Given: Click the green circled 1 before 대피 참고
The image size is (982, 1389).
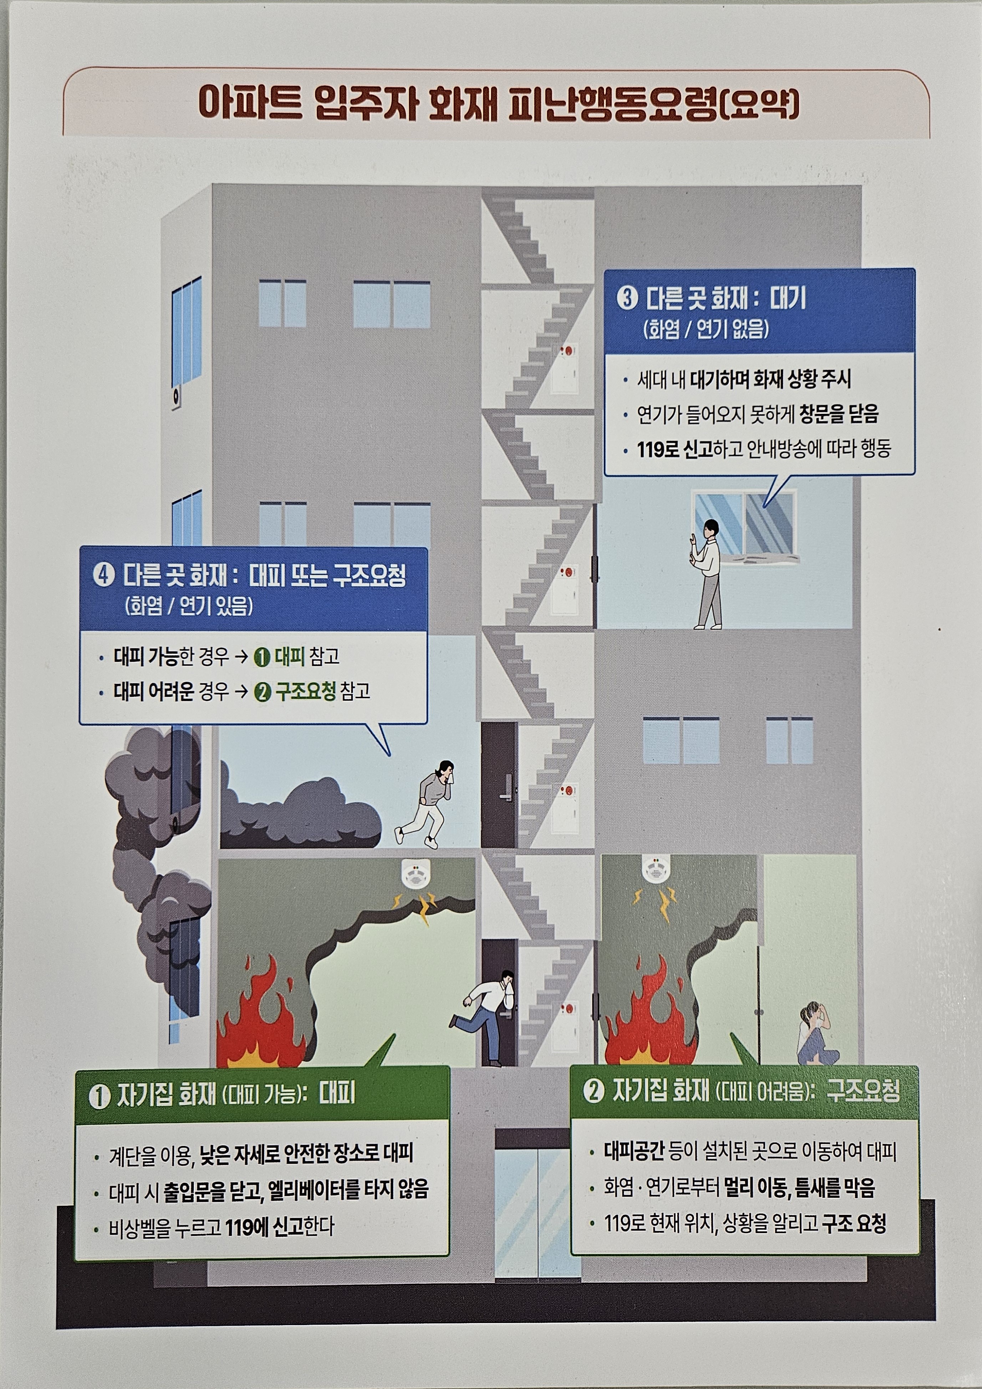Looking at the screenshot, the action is [262, 657].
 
